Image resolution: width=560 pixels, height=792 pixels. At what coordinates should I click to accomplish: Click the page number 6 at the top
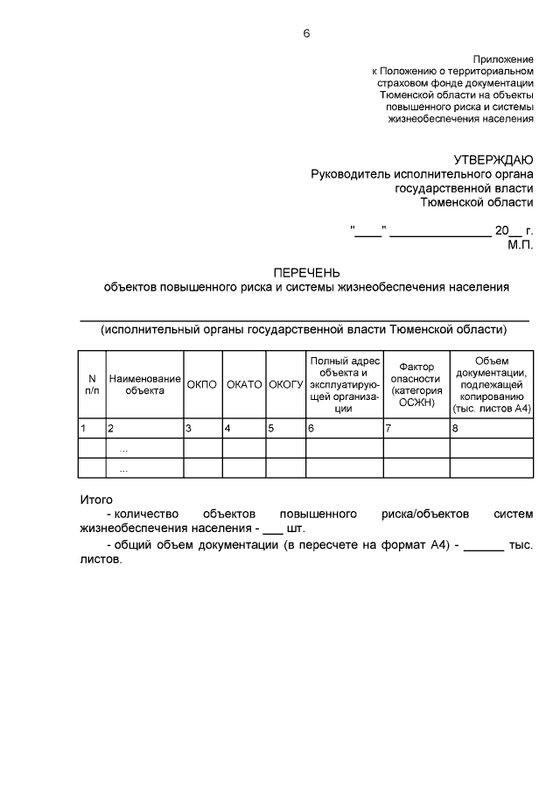(x=306, y=34)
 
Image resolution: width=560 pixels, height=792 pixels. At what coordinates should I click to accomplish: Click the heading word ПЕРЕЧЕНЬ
(x=306, y=272)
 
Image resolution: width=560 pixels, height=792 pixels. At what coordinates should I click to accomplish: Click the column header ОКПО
(x=202, y=384)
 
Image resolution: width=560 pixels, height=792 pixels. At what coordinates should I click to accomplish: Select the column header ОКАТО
(x=244, y=384)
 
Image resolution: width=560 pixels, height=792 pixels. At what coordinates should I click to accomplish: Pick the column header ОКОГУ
(x=285, y=384)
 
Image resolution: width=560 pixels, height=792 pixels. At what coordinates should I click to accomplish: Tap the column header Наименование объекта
(x=144, y=384)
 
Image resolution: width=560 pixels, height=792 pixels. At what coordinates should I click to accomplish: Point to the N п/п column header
(x=92, y=384)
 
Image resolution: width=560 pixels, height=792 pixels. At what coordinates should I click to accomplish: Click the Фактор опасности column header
(x=416, y=384)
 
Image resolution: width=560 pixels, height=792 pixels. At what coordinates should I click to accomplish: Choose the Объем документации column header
(x=491, y=384)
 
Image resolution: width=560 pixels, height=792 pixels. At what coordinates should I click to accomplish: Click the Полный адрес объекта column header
(x=344, y=384)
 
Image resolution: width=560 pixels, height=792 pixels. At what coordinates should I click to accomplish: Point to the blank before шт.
(x=273, y=530)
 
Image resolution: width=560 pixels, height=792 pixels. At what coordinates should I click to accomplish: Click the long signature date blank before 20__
(x=440, y=234)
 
